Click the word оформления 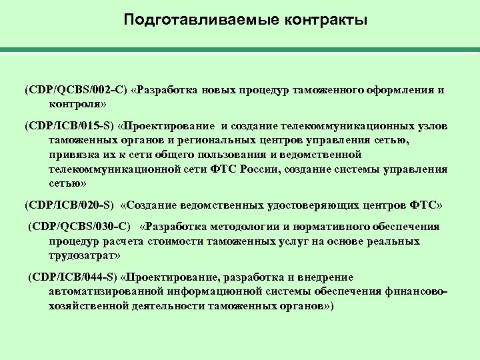point(393,89)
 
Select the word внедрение point(324,277)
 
